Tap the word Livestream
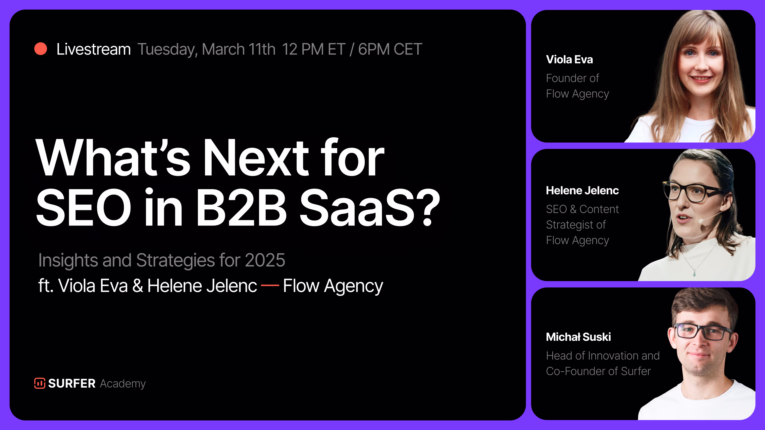click(94, 49)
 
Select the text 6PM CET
click(390, 49)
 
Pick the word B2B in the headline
click(241, 207)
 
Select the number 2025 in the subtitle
click(265, 260)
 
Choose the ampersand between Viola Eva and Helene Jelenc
click(137, 286)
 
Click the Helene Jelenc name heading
click(582, 191)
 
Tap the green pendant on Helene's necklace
click(694, 273)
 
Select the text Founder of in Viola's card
click(573, 78)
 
